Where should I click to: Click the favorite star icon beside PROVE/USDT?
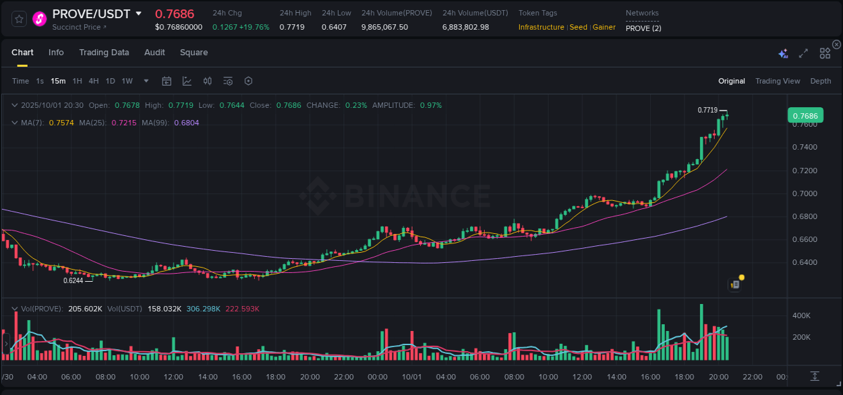(19, 19)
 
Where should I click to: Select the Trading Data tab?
(104, 53)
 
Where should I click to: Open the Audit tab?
(154, 53)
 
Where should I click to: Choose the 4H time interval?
(94, 81)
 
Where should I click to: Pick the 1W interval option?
(127, 81)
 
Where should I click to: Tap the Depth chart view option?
(820, 81)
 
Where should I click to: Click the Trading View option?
(777, 81)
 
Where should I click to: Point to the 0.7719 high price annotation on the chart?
(707, 110)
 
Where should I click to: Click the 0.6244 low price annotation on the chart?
(74, 280)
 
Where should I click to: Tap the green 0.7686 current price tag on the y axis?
(805, 116)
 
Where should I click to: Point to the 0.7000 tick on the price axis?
(805, 193)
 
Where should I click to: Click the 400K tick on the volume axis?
(801, 315)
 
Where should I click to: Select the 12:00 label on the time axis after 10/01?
(582, 377)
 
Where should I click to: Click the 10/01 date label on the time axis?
(411, 377)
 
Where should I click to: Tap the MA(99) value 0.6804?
(186, 123)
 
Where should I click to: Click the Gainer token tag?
(604, 27)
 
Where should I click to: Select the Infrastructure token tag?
(541, 27)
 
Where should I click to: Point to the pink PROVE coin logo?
(40, 19)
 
